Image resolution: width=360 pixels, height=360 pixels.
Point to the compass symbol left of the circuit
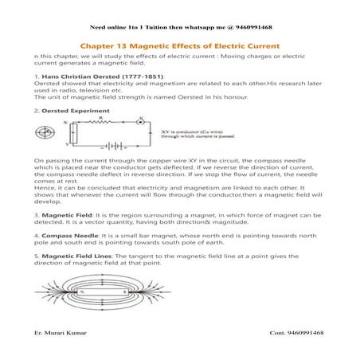coord(53,133)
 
